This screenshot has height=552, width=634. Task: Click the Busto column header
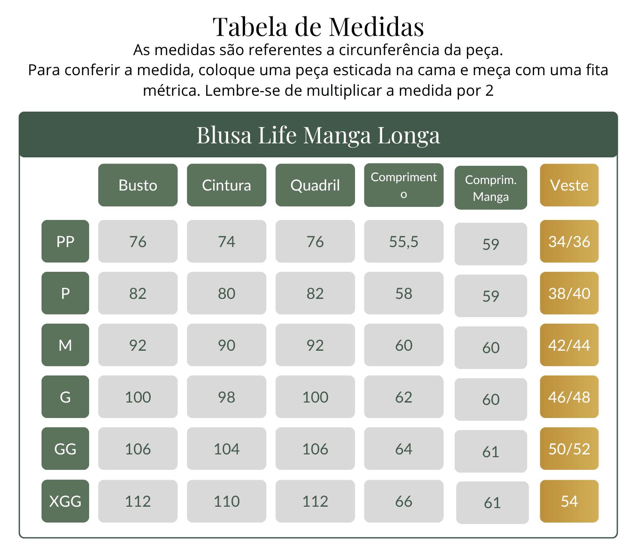[138, 185]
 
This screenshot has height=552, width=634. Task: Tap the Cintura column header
[227, 185]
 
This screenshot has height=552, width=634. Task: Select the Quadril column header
[315, 185]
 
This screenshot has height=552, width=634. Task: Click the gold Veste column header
[569, 185]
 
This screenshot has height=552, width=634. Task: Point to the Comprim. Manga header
[490, 188]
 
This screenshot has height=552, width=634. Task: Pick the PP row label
[65, 241]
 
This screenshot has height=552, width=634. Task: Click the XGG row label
[65, 501]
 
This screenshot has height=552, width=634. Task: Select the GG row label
[65, 448]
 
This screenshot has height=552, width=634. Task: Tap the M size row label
[65, 345]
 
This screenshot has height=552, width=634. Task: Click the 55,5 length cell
[404, 241]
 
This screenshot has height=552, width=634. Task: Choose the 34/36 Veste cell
[569, 241]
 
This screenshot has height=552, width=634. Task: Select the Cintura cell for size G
[227, 396]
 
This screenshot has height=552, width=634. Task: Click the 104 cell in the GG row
[227, 448]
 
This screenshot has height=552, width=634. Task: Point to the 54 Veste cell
[569, 501]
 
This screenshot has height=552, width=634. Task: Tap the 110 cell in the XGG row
[227, 501]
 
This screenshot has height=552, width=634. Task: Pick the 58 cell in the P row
[404, 293]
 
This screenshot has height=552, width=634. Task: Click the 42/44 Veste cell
[569, 345]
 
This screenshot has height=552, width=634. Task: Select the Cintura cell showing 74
[227, 241]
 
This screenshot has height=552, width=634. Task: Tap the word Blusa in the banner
[224, 135]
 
